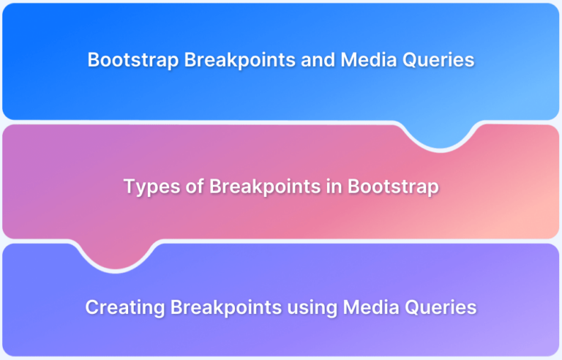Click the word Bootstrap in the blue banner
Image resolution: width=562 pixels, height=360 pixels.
(x=133, y=60)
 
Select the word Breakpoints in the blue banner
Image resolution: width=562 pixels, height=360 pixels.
(x=240, y=59)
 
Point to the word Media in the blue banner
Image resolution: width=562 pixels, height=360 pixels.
(x=369, y=59)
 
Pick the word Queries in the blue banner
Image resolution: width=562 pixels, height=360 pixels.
(x=438, y=60)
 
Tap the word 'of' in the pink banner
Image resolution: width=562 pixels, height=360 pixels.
(x=195, y=187)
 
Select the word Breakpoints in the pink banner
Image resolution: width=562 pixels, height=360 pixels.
(x=265, y=187)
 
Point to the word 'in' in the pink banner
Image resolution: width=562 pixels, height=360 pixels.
(x=334, y=187)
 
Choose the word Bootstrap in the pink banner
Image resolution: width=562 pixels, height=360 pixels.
(x=393, y=187)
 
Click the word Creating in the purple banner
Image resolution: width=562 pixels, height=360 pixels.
(x=124, y=307)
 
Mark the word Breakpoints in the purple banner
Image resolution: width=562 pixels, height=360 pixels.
(x=226, y=307)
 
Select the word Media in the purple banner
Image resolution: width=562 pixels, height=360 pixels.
(x=371, y=307)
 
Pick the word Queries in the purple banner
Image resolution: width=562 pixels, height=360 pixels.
(x=441, y=308)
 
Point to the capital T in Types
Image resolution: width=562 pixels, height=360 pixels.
(x=130, y=187)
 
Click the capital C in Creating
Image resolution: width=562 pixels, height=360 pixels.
(x=92, y=307)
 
